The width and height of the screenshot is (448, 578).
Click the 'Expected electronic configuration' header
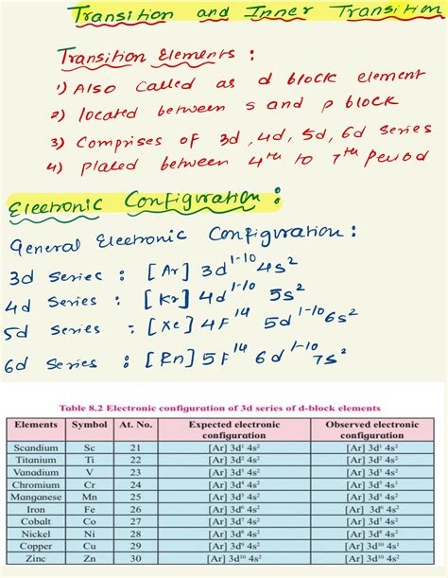(x=237, y=427)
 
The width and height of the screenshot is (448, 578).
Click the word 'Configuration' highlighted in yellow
(x=203, y=201)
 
